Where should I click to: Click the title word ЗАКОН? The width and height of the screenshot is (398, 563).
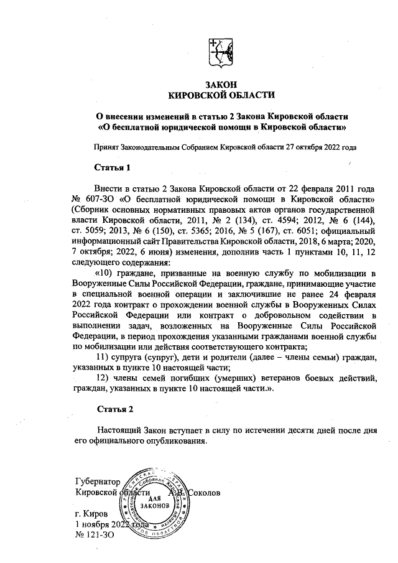221,84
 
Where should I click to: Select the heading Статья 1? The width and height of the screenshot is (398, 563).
112,168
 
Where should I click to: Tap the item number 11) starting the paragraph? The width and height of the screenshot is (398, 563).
104,358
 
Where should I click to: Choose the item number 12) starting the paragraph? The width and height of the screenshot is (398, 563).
104,379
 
